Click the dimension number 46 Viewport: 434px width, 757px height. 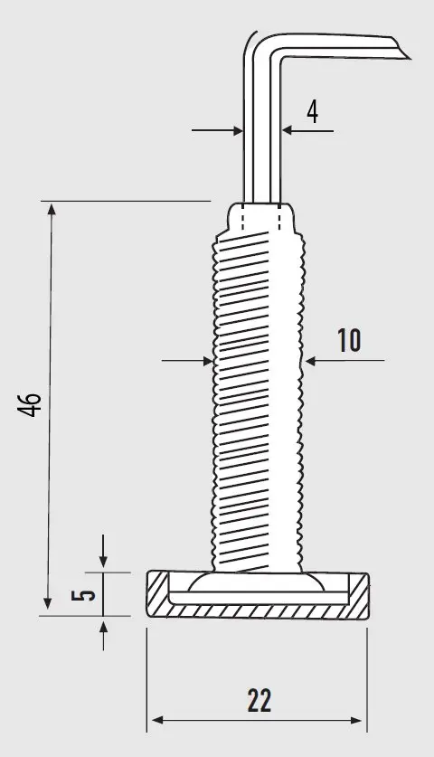(30, 403)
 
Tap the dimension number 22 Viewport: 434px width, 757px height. (259, 701)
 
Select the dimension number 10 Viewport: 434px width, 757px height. (349, 340)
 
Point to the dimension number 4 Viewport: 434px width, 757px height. (312, 112)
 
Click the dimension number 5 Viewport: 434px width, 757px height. (83, 594)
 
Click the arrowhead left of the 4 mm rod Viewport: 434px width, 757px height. (237, 130)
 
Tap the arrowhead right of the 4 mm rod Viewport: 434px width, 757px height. (288, 130)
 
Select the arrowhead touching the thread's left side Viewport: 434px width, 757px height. (208, 361)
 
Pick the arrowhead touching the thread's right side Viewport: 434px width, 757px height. (310, 361)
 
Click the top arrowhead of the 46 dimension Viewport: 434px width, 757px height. (52, 209)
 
